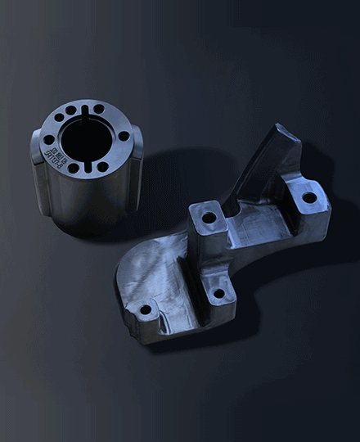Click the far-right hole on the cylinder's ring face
pyautogui.click(x=124, y=136)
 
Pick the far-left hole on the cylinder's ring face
pyautogui.click(x=48, y=139)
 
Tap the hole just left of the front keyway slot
pyautogui.click(x=74, y=168)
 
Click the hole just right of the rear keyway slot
pyautogui.click(x=99, y=108)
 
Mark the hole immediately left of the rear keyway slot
pyautogui.click(x=71, y=110)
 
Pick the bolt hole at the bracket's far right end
pyautogui.click(x=309, y=197)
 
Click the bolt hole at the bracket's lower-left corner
pyautogui.click(x=146, y=310)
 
